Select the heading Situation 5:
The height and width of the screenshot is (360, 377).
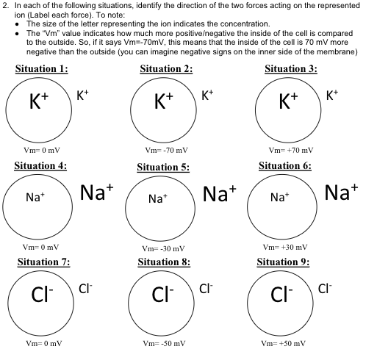coord(164,167)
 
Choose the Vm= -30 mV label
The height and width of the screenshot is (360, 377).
coord(165,248)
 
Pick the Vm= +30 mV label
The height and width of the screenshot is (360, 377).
coord(287,246)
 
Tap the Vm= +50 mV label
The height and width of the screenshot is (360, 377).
coord(287,343)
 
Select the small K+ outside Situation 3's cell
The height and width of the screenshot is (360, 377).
coord(332,95)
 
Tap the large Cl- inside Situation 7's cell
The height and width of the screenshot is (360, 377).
coord(41,296)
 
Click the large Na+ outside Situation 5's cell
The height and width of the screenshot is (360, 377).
coord(219,193)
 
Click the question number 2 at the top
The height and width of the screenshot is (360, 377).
coord(5,5)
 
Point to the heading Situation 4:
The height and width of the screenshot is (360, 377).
coord(41,165)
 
